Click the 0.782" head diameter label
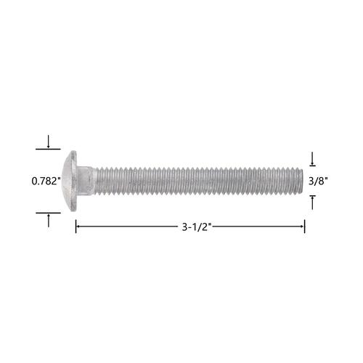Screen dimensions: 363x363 tap(46, 181)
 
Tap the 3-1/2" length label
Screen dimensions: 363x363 tap(197, 227)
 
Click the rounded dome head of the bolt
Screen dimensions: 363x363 tap(67, 181)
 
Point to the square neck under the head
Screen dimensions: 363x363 tap(86, 181)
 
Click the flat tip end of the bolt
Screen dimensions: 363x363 tap(301, 181)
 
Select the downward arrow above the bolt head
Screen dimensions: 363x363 tap(49, 142)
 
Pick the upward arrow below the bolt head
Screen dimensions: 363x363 tap(49, 220)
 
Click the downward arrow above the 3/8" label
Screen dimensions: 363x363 tap(312, 159)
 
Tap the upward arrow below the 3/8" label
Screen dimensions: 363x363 tap(312, 203)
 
